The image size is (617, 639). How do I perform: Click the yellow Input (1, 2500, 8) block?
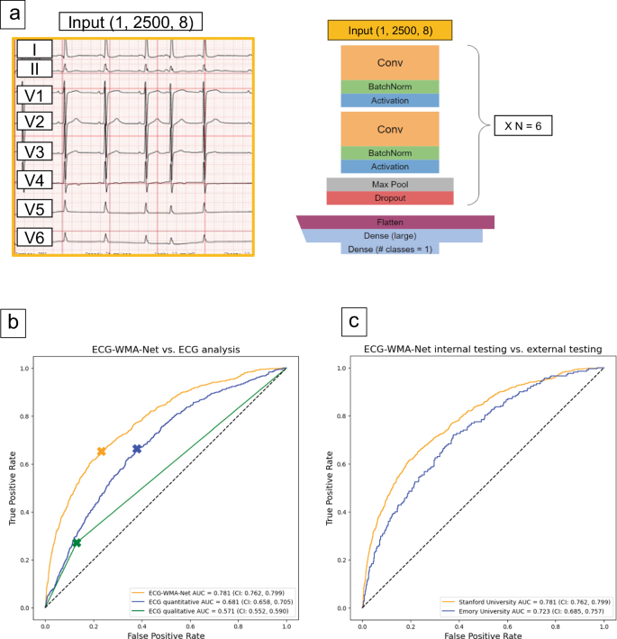click(x=389, y=32)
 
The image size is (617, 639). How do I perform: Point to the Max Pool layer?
click(x=389, y=184)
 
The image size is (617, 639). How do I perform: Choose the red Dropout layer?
click(x=389, y=197)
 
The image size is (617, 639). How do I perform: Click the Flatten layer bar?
click(x=395, y=222)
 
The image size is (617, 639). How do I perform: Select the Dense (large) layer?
click(x=389, y=235)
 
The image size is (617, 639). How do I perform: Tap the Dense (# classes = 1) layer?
click(x=389, y=248)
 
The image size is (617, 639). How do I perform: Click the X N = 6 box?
click(x=523, y=125)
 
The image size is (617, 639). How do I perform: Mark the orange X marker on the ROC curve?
click(x=102, y=451)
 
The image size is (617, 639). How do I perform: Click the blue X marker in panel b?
click(x=137, y=448)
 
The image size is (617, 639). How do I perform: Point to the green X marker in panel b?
click(x=77, y=543)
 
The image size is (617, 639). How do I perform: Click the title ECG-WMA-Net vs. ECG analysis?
click(x=165, y=350)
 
